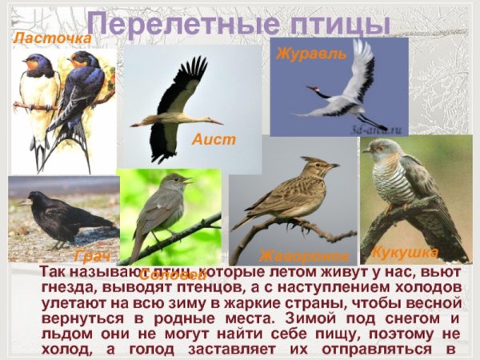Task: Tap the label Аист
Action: point(214,139)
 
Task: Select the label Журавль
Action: point(311,54)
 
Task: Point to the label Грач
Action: point(91,257)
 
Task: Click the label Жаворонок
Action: point(304,256)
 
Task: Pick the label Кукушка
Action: point(405,253)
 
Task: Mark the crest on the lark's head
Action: point(313,160)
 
